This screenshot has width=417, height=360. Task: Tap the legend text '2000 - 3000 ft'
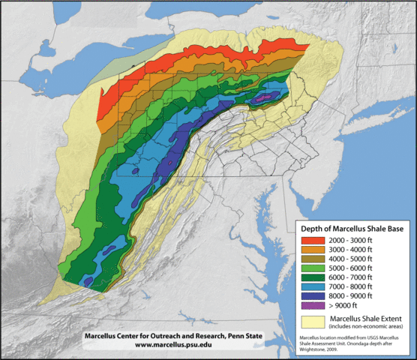pyautogui.click(x=344, y=241)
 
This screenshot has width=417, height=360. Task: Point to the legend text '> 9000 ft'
pyautogui.click(x=337, y=306)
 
